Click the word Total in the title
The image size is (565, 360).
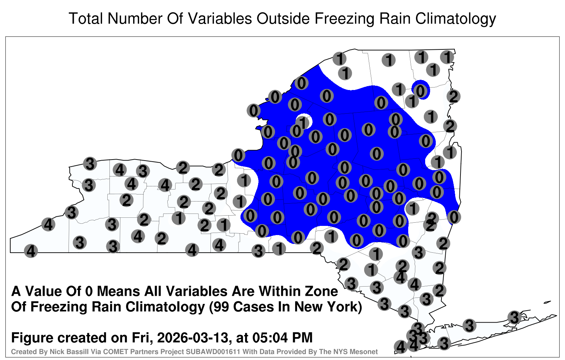(x=86, y=18)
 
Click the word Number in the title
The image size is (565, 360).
(x=135, y=18)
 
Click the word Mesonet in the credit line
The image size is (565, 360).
(x=367, y=352)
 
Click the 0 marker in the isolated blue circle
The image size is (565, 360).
(x=420, y=90)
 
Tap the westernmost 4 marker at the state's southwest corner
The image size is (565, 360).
(x=31, y=251)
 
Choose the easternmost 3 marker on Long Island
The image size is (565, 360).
(x=514, y=317)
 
